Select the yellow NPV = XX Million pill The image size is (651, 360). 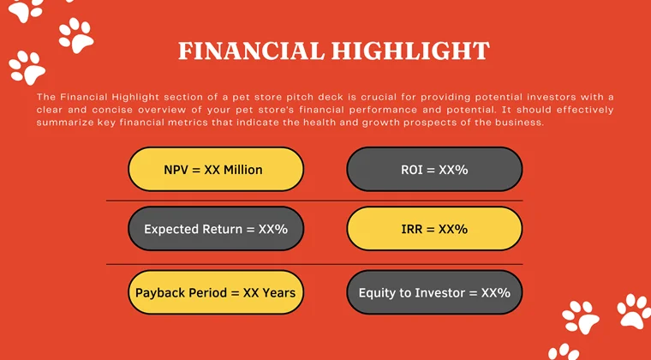[216, 170]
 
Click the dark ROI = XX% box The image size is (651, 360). [434, 170]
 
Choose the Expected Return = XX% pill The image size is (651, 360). [216, 229]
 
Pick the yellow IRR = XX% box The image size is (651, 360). [434, 229]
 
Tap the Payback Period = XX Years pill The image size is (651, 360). [216, 292]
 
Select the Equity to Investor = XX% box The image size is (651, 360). [434, 292]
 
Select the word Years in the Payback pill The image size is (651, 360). [279, 292]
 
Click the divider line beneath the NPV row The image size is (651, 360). [314, 201]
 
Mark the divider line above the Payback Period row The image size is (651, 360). [314, 264]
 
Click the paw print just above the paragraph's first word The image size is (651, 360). [26, 67]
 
